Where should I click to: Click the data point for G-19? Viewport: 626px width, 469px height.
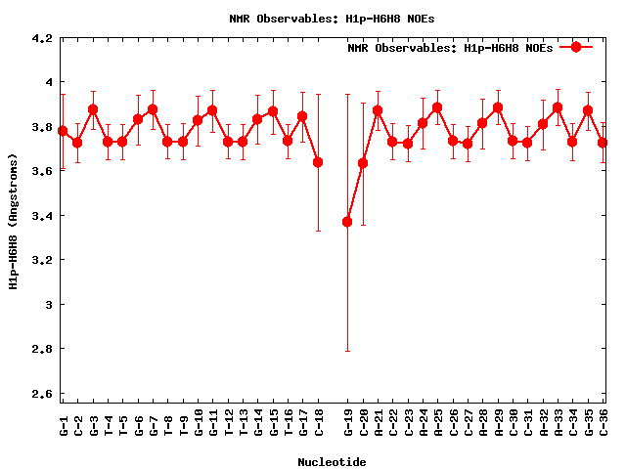click(347, 222)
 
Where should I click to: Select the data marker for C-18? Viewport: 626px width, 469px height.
click(318, 162)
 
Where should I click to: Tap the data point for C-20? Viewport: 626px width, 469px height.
click(363, 163)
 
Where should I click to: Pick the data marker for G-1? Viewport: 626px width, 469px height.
click(63, 131)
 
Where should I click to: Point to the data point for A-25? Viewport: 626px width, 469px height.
click(437, 107)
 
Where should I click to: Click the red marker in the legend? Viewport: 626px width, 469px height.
click(576, 47)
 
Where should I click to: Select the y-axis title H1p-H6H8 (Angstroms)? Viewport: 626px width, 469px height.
click(14, 221)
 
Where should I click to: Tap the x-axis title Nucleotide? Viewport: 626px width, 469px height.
click(333, 462)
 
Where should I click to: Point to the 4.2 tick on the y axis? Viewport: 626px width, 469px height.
click(41, 39)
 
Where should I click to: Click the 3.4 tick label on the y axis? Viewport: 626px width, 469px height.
click(41, 216)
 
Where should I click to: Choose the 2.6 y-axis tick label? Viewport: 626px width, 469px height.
click(41, 393)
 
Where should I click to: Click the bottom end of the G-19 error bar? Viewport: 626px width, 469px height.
click(347, 351)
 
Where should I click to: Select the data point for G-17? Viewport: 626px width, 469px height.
click(302, 116)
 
